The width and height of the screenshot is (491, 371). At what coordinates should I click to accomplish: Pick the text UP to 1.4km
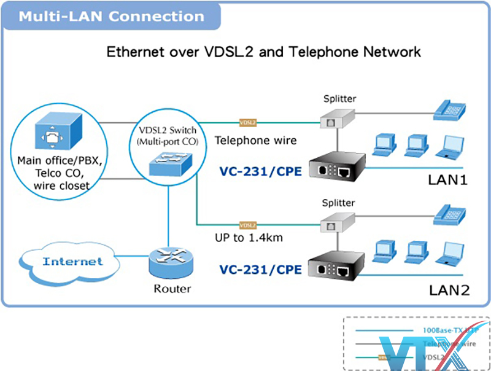coord(249,237)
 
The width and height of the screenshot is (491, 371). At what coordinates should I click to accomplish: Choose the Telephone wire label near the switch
coord(255,140)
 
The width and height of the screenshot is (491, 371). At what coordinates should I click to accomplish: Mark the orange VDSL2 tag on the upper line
coord(247,122)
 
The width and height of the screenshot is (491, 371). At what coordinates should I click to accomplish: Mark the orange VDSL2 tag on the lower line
coord(247,225)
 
